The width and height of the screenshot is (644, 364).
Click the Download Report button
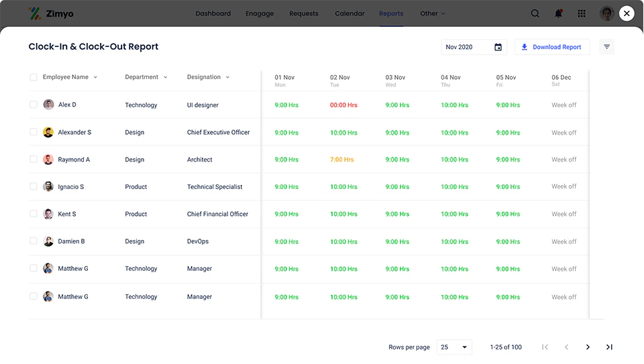[x=551, y=47]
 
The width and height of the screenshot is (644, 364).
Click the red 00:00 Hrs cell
[x=343, y=105]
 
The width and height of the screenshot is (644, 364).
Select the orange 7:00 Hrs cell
[x=341, y=160]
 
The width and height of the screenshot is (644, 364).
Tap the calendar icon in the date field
[x=498, y=47]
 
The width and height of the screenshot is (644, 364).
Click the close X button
[x=627, y=13]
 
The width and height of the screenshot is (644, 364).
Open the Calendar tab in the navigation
[x=350, y=13]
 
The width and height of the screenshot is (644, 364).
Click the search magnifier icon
[x=535, y=13]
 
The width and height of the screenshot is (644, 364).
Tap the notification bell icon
[x=558, y=13]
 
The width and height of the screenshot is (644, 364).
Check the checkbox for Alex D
[x=34, y=105]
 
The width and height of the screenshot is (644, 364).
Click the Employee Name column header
[x=66, y=77]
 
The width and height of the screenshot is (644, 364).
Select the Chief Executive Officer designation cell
[x=218, y=133]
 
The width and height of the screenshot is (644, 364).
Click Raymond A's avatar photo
[x=48, y=160]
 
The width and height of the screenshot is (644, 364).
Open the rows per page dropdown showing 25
[x=454, y=347]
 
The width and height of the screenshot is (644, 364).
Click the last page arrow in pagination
[x=609, y=347]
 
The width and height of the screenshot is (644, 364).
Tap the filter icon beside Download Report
[x=607, y=47]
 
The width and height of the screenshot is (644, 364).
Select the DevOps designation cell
[x=198, y=241]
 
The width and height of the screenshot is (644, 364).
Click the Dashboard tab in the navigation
[x=213, y=13]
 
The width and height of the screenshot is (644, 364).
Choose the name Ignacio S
[x=71, y=187]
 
